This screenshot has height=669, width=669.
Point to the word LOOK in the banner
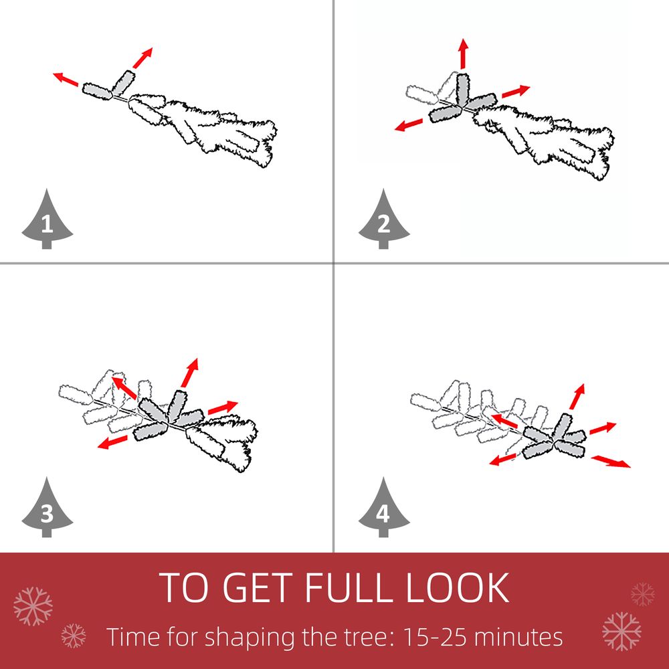[x=458, y=587]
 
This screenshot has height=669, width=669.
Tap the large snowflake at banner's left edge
[x=33, y=606]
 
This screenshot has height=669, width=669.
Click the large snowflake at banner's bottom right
[x=622, y=631]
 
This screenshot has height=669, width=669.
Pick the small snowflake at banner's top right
[x=642, y=594]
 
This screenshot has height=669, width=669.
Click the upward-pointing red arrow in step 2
[x=464, y=53]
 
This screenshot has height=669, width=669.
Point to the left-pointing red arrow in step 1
[x=66, y=80]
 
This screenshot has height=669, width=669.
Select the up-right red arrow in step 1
[x=142, y=58]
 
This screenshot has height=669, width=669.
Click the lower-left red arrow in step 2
[x=409, y=125]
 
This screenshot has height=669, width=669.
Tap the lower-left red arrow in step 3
[x=112, y=442]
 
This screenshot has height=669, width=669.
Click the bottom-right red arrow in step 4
[x=611, y=461]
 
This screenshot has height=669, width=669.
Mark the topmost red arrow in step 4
[x=577, y=397]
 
